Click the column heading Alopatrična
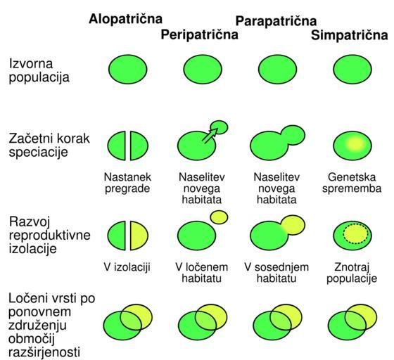125,19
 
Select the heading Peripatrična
200,34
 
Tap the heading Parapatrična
276,21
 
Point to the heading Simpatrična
350,35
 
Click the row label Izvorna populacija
39,70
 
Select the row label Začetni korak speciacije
49,145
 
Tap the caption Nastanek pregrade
127,183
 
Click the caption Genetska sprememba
352,183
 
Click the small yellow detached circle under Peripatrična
219,217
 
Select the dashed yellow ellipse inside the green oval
356,233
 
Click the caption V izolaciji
127,267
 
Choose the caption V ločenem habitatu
201,273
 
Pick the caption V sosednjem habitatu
277,273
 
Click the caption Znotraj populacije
352,273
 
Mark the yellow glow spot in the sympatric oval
355,144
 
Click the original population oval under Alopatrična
128,70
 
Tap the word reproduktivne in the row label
49,236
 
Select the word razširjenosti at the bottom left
44,352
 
